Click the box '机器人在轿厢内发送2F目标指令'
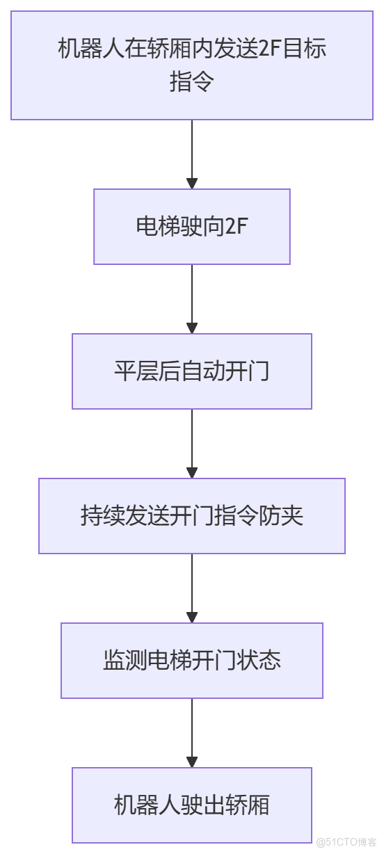(x=192, y=65)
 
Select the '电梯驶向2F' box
(x=192, y=227)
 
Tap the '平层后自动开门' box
(x=192, y=371)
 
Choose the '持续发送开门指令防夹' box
(x=192, y=516)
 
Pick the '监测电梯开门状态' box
(x=192, y=661)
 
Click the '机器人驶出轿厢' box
(x=192, y=805)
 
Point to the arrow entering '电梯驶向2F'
(x=192, y=154)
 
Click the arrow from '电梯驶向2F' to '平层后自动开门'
(x=192, y=299)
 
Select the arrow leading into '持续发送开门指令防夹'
(x=192, y=444)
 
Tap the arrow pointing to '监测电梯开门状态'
(x=192, y=588)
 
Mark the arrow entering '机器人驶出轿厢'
(x=192, y=733)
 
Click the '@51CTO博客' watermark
(x=346, y=842)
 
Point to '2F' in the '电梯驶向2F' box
(x=237, y=227)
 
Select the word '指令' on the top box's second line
(x=192, y=82)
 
